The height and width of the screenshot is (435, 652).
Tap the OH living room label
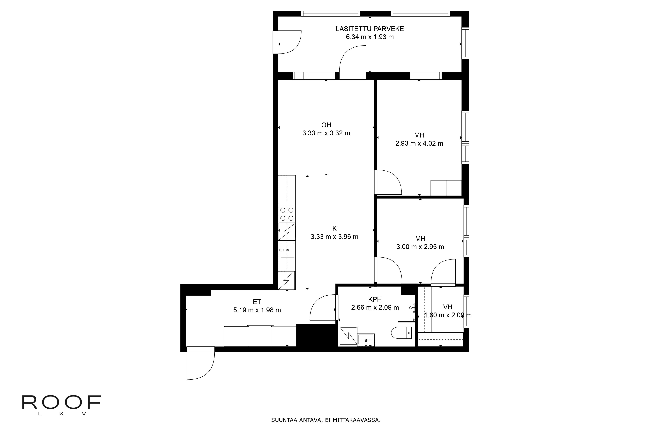[326, 125]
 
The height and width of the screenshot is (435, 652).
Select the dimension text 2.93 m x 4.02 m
[419, 143]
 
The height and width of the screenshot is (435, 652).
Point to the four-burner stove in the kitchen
[287, 214]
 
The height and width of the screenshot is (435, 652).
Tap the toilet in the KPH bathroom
[401, 333]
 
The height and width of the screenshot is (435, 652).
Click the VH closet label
[448, 307]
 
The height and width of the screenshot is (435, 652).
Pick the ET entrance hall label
[257, 302]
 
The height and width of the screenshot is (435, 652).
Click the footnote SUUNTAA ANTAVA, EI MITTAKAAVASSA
[326, 428]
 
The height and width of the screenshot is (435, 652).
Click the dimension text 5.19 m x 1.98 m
[257, 310]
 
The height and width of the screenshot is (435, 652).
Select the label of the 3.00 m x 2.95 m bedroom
[420, 239]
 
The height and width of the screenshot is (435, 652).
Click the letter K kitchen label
[335, 229]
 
